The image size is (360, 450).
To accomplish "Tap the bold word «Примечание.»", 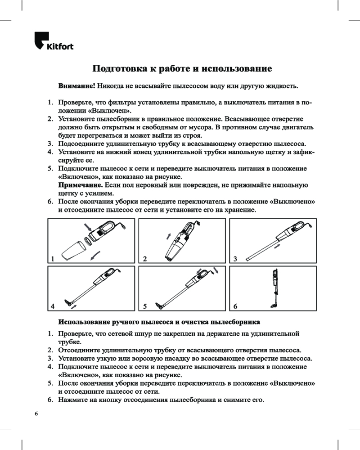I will point(81,185).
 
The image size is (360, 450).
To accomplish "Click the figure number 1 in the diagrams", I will point(53,259).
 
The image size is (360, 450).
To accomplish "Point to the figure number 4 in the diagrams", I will point(53,306).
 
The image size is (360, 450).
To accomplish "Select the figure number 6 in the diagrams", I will point(235,306).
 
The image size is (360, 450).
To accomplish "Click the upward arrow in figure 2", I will point(168,236).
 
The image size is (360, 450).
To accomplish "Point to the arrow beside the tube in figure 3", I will point(278,247).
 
